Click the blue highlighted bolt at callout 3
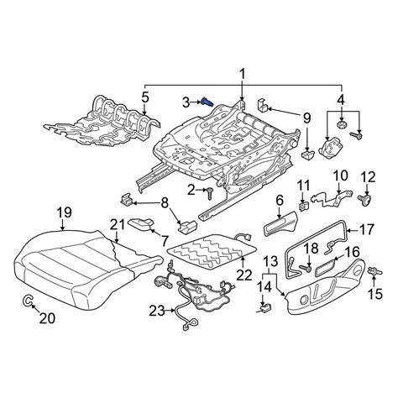207,102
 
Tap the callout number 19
65,213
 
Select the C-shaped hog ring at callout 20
28,301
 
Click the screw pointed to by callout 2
210,193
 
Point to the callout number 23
157,311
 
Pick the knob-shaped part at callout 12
365,200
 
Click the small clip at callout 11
303,207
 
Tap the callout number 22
244,275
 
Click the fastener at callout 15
374,271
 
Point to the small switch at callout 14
264,307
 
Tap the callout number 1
242,74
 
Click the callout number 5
145,97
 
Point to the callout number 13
271,261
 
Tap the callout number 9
306,118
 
